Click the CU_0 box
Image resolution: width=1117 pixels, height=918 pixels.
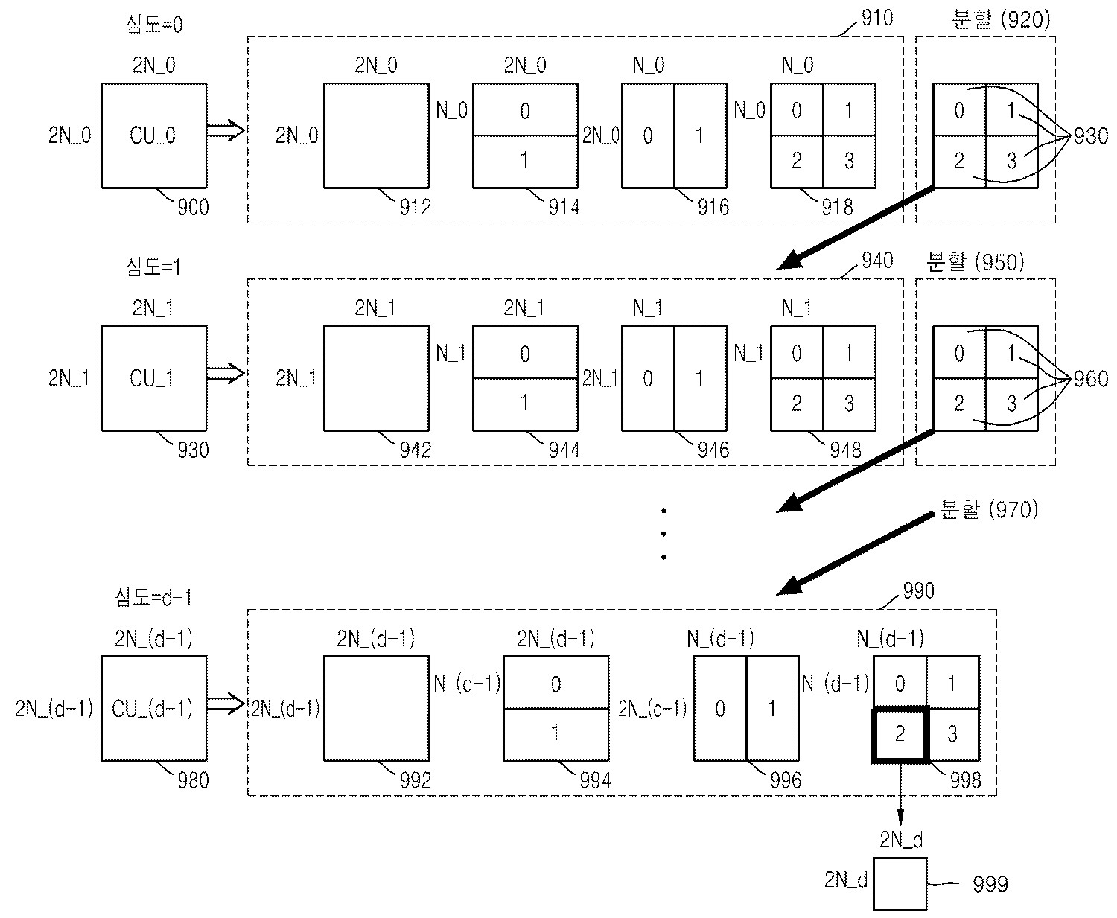(153, 136)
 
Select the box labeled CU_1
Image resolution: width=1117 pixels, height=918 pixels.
(153, 378)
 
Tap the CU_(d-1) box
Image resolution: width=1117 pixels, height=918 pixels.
(153, 708)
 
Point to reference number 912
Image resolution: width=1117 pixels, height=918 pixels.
(415, 206)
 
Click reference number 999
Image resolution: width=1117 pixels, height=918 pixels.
(990, 884)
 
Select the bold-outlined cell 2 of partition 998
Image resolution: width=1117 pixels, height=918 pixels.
(900, 735)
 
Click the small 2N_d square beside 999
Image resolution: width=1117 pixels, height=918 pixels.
(900, 884)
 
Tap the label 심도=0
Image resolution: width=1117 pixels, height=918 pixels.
(154, 25)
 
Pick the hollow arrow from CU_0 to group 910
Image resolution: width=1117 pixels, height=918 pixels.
(226, 130)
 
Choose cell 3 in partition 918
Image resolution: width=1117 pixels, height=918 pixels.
(849, 162)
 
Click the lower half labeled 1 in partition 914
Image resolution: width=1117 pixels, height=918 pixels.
(525, 162)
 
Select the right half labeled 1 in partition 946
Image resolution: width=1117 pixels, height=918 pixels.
(700, 378)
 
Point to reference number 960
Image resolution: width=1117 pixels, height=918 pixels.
(1091, 379)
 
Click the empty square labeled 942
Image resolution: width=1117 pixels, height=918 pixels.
(376, 378)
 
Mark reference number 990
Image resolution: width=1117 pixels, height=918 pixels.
(917, 591)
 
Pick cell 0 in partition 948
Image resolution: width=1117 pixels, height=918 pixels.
(797, 353)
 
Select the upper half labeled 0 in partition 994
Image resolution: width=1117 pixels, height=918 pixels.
(556, 683)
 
